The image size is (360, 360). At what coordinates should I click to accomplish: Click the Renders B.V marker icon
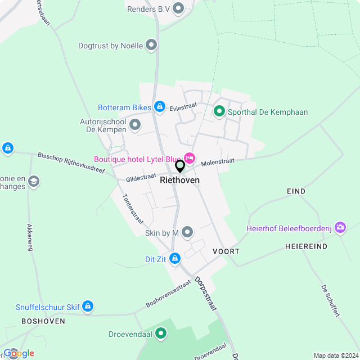pos(179,8)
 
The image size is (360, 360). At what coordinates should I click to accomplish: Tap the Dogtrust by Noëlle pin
pos(151,45)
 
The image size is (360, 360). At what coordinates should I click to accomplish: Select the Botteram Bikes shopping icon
pos(160,106)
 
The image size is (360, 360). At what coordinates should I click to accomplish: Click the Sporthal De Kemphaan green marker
pos(219,111)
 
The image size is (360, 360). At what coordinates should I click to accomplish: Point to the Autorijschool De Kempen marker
pos(134,124)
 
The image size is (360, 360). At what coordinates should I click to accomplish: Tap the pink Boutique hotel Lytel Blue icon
pos(189,158)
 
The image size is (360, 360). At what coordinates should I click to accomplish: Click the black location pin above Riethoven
pos(180,166)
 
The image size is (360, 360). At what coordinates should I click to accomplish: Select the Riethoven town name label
pos(179,180)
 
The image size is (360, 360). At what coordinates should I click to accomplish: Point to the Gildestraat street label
pos(141,177)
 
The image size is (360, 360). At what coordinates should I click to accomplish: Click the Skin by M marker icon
pos(187,232)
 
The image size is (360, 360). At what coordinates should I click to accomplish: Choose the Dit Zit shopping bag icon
pos(175,258)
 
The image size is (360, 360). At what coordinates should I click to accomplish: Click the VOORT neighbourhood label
pos(226,251)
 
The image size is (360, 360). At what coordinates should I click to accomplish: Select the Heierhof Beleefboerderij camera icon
pos(340,228)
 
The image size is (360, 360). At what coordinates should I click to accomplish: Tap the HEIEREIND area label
pos(306,246)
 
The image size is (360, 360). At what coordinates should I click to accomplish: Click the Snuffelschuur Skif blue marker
pos(87,307)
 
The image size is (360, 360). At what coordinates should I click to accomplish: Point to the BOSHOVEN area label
pos(43,321)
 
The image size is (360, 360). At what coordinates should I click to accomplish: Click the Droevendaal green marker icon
pos(161,334)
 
